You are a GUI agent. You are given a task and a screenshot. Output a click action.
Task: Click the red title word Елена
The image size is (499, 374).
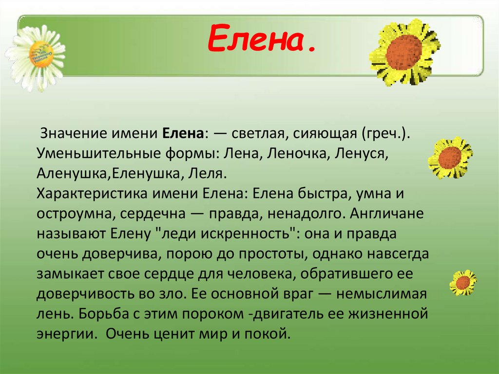click(261, 40)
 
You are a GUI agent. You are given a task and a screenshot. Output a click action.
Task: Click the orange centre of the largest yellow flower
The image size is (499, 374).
click(404, 52)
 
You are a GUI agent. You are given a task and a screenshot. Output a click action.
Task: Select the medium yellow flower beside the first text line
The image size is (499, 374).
click(450, 157)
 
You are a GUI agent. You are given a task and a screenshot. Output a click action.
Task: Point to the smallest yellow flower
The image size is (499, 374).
click(463, 282)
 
